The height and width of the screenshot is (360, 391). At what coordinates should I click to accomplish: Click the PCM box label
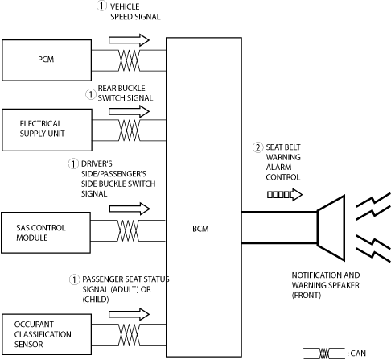(46, 60)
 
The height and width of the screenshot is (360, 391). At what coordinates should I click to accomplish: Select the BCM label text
(200, 229)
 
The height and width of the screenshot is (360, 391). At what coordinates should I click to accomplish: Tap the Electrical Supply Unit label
(42, 129)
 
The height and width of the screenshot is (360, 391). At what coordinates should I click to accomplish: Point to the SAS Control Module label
(41, 233)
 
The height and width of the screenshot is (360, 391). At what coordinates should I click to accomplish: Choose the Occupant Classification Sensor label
(43, 334)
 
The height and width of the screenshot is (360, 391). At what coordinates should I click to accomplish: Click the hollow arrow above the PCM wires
(129, 40)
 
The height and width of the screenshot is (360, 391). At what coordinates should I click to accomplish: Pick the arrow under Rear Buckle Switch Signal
(129, 111)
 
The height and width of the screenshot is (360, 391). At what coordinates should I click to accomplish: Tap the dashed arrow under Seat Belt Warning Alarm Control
(285, 195)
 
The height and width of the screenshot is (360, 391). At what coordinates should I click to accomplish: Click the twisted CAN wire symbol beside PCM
(129, 60)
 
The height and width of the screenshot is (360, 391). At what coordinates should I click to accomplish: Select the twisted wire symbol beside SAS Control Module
(129, 231)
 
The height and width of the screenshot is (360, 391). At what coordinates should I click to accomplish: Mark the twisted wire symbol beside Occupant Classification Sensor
(129, 334)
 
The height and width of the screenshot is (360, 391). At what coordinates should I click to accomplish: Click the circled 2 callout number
(257, 147)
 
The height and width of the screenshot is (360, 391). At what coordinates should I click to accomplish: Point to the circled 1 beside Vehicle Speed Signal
(101, 6)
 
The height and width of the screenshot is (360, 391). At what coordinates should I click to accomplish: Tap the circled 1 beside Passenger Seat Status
(74, 279)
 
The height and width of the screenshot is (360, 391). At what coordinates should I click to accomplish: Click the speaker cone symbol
(331, 228)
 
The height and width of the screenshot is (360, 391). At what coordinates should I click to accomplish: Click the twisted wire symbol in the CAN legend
(324, 354)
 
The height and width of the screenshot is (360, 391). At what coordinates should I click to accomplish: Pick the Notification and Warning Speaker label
(326, 285)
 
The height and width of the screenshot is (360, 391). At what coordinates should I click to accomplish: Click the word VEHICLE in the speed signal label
(125, 6)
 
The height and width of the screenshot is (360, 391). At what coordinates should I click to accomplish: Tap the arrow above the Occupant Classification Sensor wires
(129, 314)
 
